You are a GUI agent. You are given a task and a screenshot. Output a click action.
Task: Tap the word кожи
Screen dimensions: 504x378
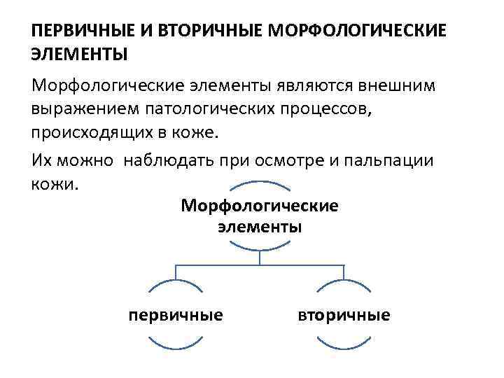(x=57, y=183)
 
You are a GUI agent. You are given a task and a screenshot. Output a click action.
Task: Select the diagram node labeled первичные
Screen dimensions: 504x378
(x=176, y=315)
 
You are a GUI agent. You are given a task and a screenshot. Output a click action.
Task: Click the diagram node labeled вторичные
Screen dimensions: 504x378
(x=343, y=315)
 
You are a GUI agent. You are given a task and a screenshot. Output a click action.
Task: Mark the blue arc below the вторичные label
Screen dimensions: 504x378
(x=343, y=345)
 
